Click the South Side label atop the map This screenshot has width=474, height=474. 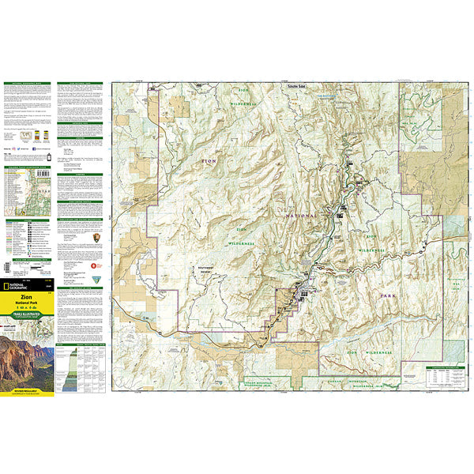297,86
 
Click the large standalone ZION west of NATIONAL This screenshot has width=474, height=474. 208,161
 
